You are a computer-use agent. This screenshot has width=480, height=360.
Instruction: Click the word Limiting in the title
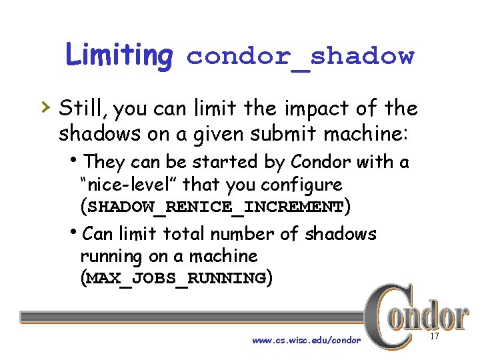[119, 56]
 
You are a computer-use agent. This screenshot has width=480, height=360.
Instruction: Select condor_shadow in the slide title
[300, 57]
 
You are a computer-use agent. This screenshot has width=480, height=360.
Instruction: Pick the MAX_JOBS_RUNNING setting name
[176, 278]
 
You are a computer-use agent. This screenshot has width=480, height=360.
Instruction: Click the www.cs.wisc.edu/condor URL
[307, 341]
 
